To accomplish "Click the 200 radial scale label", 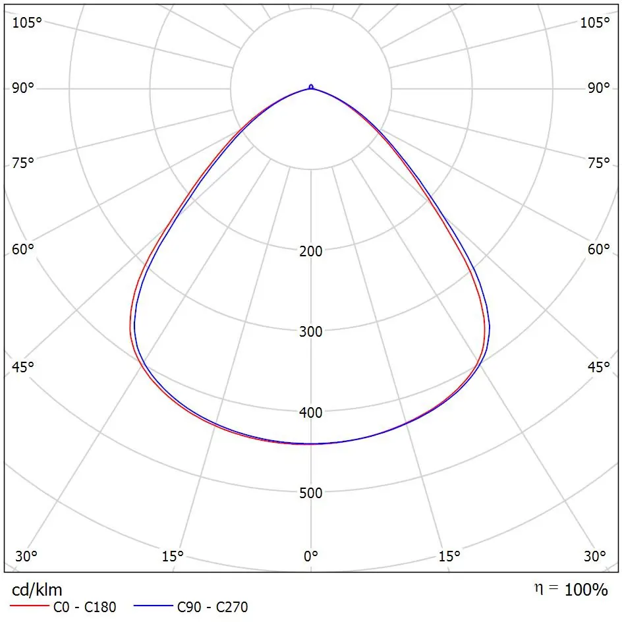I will [x=311, y=251].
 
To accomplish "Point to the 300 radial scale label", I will [x=311, y=331].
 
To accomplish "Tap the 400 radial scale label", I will [x=311, y=412].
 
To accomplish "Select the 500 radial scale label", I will [x=311, y=493].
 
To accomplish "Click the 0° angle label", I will [x=311, y=556].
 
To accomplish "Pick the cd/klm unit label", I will [x=37, y=589].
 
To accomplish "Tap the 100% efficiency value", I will [x=586, y=590].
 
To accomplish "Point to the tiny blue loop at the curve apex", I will [x=311, y=86].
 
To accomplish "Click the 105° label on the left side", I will [x=26, y=22].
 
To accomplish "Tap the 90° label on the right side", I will [x=599, y=89].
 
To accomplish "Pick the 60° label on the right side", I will [x=599, y=249].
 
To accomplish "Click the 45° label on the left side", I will [x=23, y=367].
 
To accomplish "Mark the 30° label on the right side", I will [x=596, y=556].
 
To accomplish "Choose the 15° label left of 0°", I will [x=173, y=556].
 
